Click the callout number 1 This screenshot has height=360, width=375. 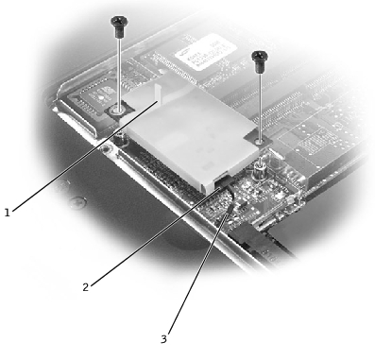[7, 213]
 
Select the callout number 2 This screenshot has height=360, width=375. [85, 287]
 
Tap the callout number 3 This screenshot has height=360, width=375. [163, 339]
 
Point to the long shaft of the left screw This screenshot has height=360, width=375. [118, 74]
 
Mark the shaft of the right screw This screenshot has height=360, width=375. [260, 107]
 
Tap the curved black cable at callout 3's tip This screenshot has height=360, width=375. [231, 201]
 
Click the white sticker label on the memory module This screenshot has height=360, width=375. [206, 52]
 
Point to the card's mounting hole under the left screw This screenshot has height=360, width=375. [118, 111]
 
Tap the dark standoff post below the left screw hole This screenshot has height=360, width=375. [120, 139]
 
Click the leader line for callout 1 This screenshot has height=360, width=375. [84, 155]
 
